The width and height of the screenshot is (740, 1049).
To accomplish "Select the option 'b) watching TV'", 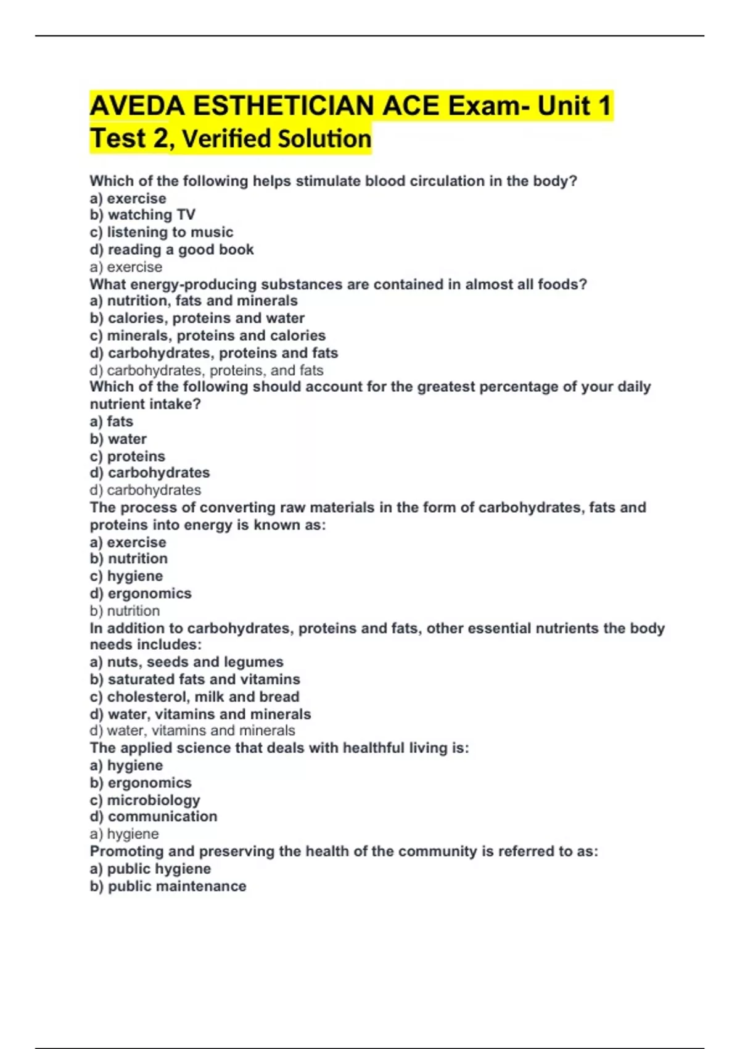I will click(142, 215).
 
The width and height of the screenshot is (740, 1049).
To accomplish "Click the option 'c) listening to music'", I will click(162, 232).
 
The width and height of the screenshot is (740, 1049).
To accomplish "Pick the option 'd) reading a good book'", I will click(171, 249).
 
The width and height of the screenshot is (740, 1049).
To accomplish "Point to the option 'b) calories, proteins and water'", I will click(197, 318).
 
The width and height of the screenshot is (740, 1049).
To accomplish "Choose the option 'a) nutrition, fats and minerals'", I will click(194, 301).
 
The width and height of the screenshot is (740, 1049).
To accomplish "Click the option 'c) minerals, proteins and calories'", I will click(207, 335).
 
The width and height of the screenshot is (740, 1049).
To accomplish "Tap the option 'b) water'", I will click(118, 439).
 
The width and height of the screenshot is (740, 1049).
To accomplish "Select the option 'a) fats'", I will click(112, 421).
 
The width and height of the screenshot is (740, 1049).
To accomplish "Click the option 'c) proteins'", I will click(128, 456).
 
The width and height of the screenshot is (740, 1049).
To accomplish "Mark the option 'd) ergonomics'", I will click(141, 593).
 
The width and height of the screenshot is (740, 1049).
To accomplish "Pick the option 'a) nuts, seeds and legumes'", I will click(186, 661).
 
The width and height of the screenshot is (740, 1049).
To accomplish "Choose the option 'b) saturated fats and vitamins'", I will click(195, 679).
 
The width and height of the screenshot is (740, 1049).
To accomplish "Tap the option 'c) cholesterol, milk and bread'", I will click(194, 697).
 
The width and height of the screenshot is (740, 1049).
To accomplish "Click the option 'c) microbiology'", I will click(145, 800).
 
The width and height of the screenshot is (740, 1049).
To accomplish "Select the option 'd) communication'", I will click(154, 816).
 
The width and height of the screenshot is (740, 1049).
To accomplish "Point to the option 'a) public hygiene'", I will click(150, 869).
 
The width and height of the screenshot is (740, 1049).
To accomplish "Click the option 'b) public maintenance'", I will click(168, 886).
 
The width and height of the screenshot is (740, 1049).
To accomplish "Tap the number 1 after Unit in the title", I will click(604, 106).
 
